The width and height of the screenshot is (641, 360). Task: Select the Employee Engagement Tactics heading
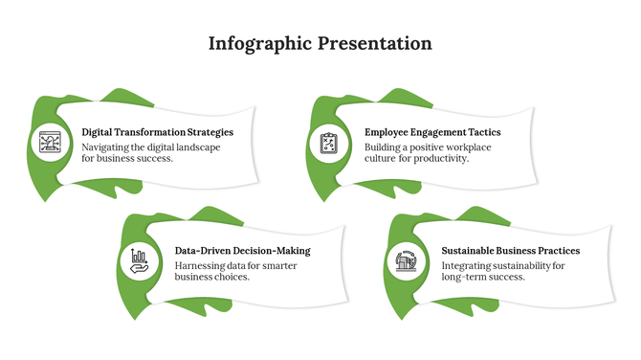point(432,132)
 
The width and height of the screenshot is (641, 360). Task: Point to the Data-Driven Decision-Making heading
point(242,251)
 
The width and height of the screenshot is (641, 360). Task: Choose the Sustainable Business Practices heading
point(510,251)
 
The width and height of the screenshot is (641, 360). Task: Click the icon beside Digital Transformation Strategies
point(50,144)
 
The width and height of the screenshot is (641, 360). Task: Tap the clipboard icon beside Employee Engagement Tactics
point(329,144)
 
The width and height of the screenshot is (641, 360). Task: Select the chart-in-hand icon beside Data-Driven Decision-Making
point(139,259)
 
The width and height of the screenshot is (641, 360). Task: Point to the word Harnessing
point(202,264)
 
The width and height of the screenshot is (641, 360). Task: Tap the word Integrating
point(469,264)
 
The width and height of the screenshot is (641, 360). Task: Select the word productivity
point(441,159)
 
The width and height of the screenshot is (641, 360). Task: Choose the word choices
point(231,277)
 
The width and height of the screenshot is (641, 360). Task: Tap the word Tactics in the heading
point(481,132)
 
